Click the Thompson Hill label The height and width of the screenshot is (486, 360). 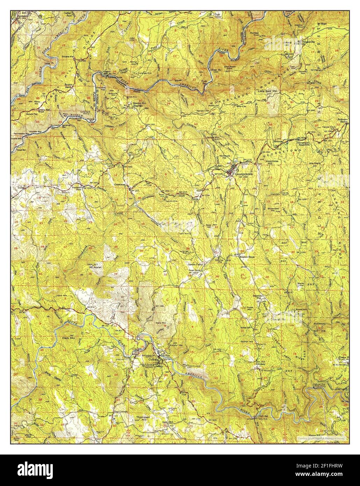pyautogui.click(x=143, y=419)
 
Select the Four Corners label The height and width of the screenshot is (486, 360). pyautogui.click(x=120, y=412)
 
